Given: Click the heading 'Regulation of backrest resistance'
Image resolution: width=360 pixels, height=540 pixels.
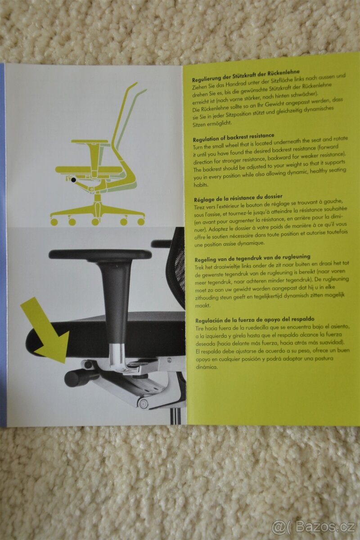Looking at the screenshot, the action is coord(234,137).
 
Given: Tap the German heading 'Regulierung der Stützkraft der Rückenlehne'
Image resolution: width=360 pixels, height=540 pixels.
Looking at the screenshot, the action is coord(246,75).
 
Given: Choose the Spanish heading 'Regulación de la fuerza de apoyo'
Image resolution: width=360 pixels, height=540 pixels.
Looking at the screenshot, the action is coord(255,319).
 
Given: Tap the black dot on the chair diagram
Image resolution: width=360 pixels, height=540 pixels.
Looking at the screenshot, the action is coord(73,180).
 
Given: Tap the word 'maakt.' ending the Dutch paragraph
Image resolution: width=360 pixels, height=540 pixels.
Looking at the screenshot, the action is coord(200,306).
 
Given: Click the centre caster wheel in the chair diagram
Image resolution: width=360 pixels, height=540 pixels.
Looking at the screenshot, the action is coord(95,221).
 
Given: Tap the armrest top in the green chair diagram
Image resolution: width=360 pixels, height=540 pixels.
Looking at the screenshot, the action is coord(90,141).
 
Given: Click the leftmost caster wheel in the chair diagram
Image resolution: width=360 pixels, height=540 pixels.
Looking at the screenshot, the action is coord(54,222).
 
